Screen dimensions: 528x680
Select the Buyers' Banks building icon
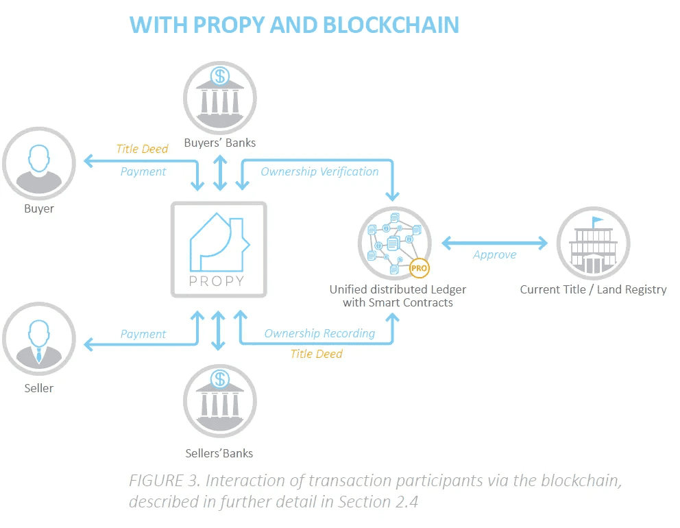[x=219, y=96]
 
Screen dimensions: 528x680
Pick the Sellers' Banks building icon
[x=219, y=402]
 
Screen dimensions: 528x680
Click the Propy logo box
[x=219, y=249]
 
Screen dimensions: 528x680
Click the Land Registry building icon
[x=593, y=243]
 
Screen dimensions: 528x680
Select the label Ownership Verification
[x=319, y=171]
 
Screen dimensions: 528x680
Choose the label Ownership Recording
[x=319, y=333]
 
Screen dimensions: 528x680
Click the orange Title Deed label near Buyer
[x=142, y=149]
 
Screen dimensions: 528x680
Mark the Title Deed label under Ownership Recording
[x=316, y=354]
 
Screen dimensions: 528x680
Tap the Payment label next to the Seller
[x=143, y=334]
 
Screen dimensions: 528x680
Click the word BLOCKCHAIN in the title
[x=389, y=25]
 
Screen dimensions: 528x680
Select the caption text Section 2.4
[x=378, y=501]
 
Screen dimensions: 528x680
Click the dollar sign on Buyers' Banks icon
[x=219, y=73]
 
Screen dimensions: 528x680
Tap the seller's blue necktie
[x=38, y=355]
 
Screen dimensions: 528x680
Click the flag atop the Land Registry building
[x=598, y=221]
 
